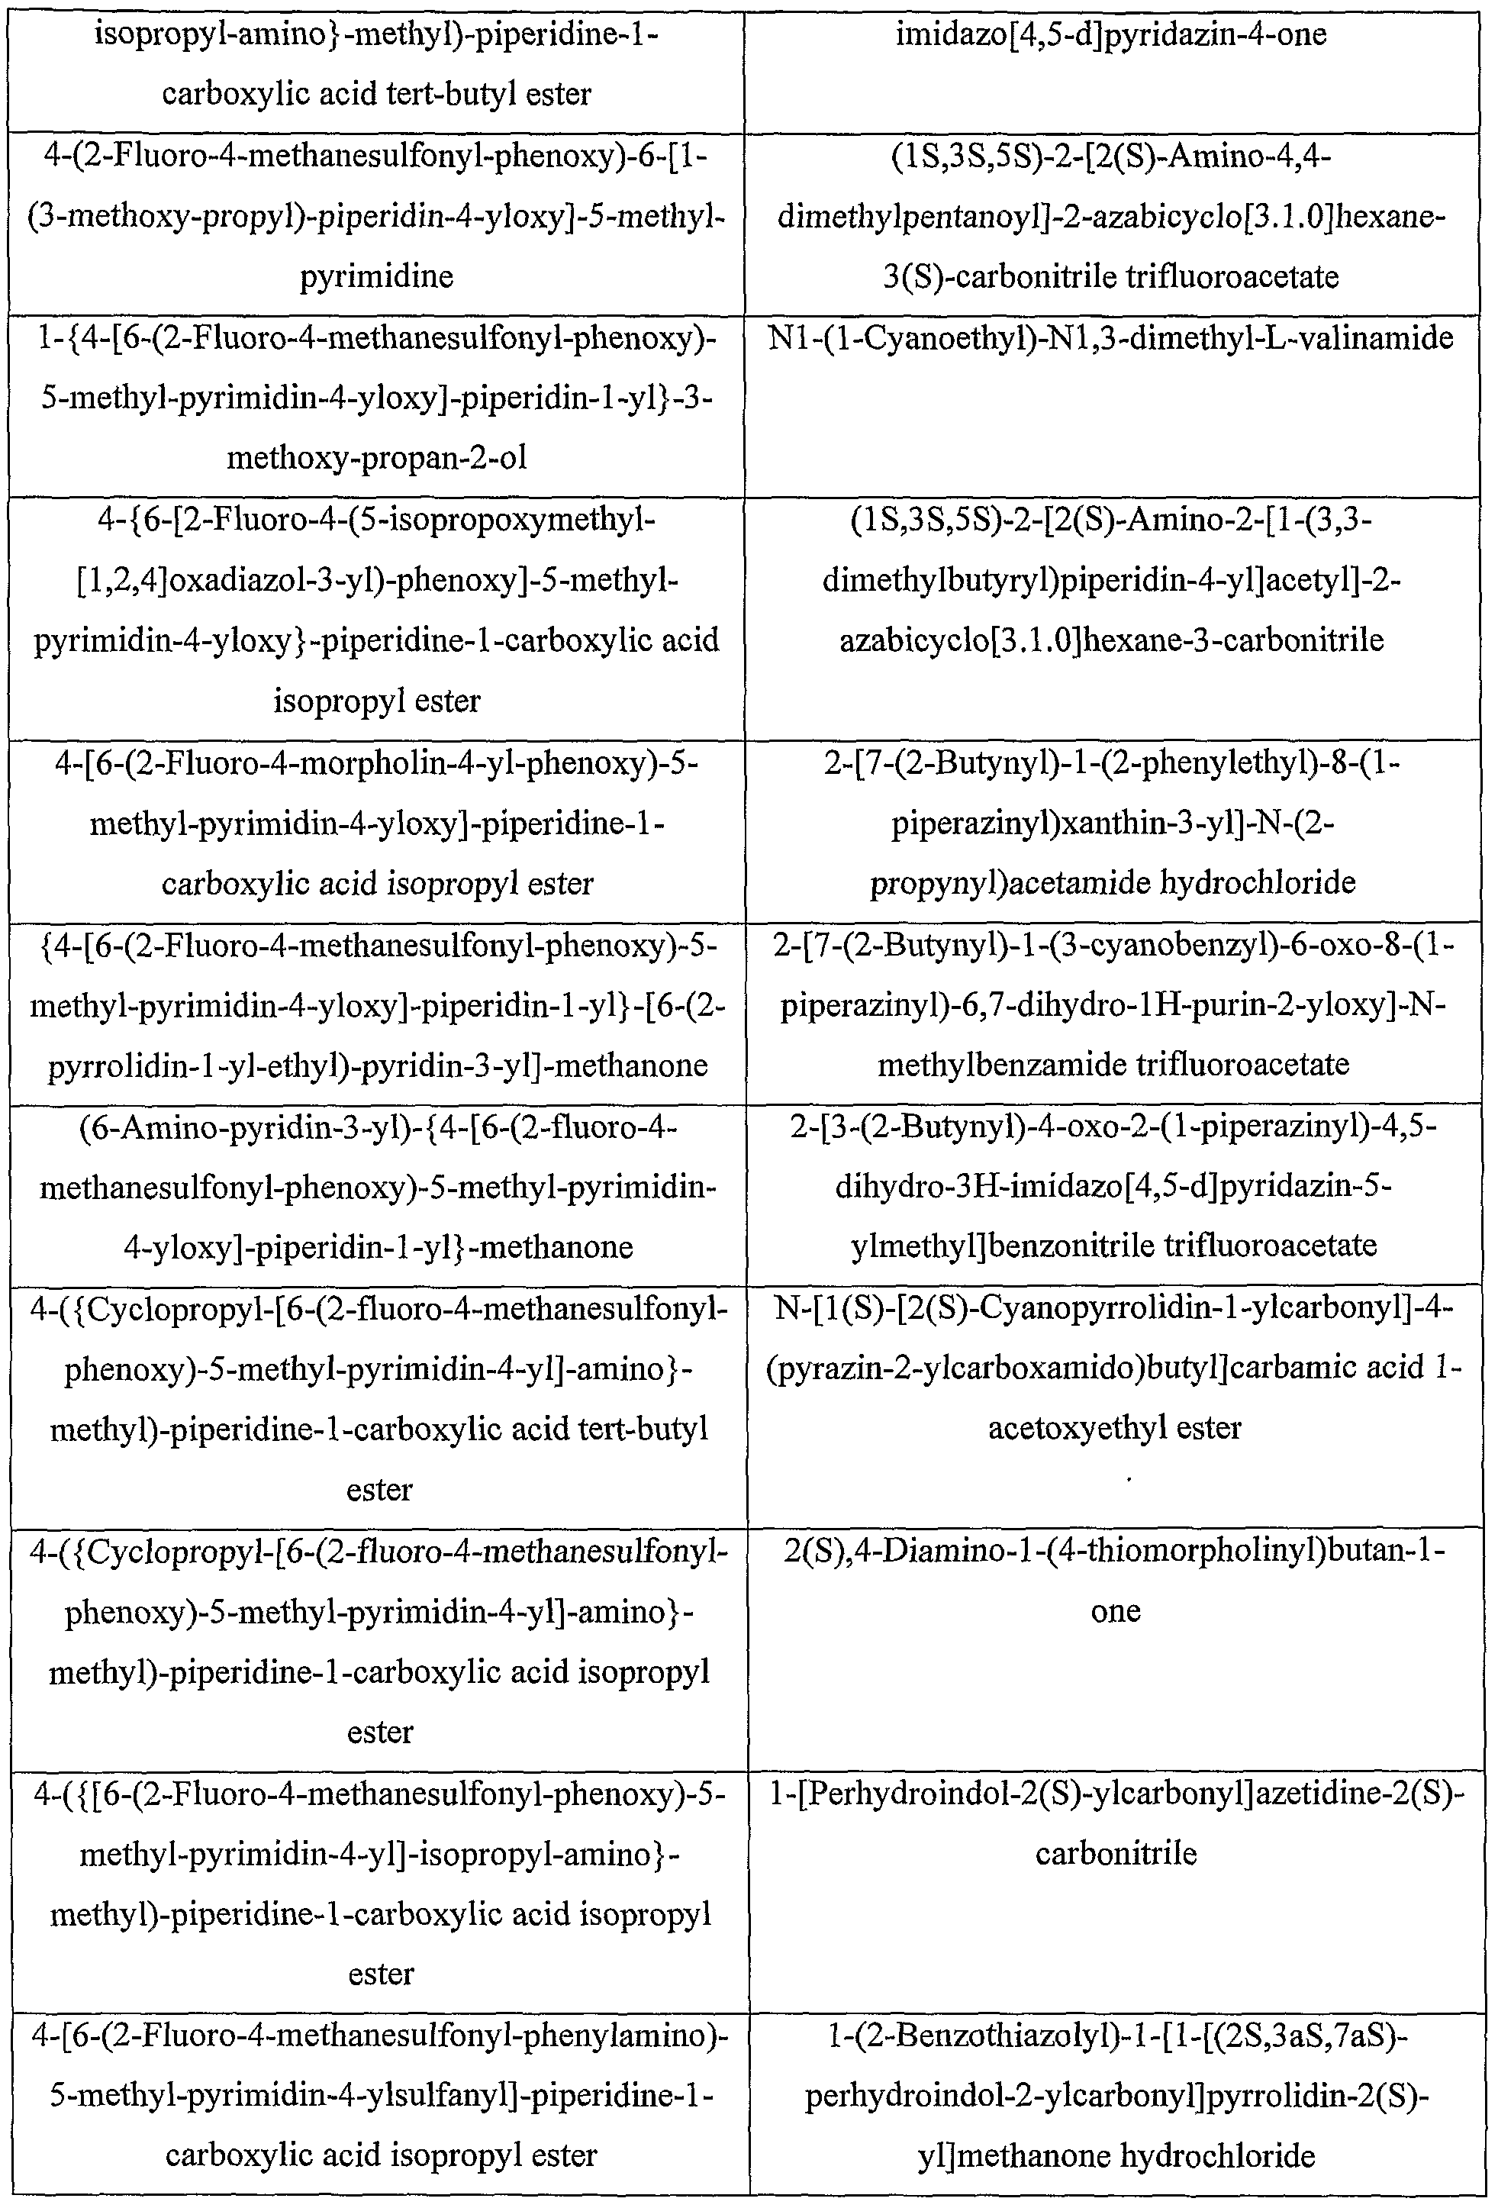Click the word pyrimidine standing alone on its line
376,277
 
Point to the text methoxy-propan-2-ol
376,459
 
